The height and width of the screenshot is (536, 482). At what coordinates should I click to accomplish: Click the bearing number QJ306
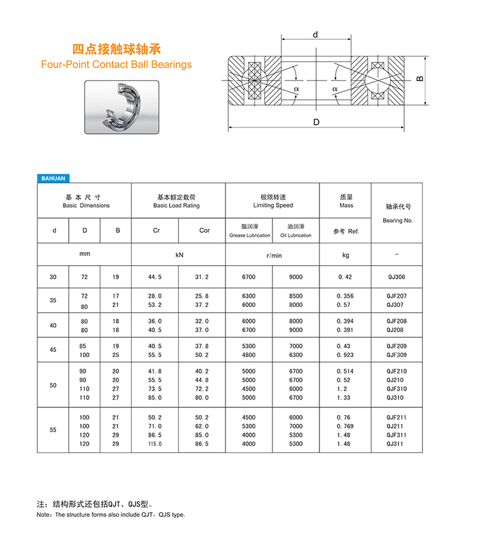tap(396, 277)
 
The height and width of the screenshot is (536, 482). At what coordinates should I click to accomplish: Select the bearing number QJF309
tap(397, 355)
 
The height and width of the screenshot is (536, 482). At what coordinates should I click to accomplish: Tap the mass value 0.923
tap(346, 355)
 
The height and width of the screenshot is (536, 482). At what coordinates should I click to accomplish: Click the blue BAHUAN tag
tap(53, 178)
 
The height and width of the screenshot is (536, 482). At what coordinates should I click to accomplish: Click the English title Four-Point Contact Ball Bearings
tap(116, 64)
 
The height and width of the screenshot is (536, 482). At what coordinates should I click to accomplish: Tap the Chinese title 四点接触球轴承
tap(116, 49)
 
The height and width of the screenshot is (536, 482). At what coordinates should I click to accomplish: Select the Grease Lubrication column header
tap(249, 231)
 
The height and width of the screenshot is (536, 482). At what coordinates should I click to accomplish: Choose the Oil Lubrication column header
tap(296, 231)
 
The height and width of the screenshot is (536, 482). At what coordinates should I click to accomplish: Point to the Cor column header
tap(204, 230)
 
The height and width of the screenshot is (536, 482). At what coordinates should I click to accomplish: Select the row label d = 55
tap(53, 430)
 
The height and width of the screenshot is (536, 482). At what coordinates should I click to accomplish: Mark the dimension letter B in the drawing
tap(420, 79)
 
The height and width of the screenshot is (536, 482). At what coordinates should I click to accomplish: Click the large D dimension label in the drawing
tap(316, 122)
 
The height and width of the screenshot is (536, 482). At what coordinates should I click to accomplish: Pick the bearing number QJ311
tap(396, 444)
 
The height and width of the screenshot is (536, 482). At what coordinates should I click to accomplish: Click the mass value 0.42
tap(345, 277)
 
